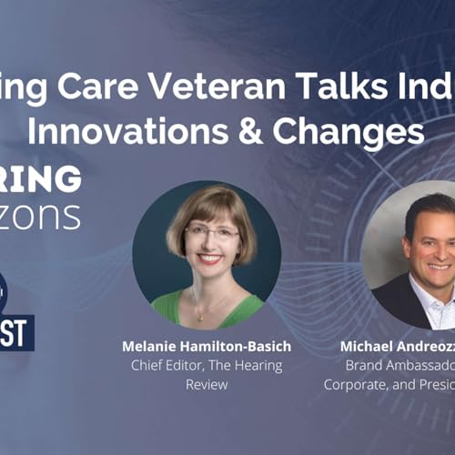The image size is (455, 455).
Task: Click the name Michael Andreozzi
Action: [398, 347]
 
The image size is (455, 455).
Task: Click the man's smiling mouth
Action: [438, 267]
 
